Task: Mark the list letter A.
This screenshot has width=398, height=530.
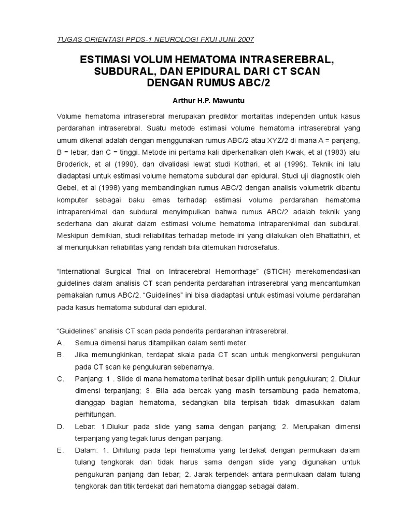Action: pyautogui.click(x=60, y=343)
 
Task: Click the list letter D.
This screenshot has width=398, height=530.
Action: pyautogui.click(x=60, y=426)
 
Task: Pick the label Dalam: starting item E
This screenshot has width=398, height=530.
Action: pyautogui.click(x=86, y=451)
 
